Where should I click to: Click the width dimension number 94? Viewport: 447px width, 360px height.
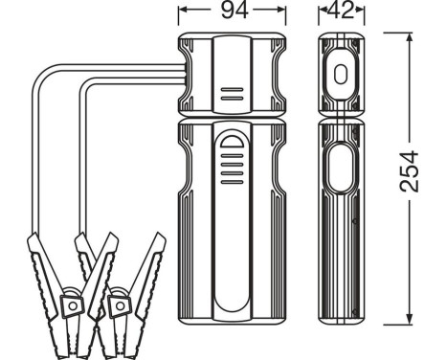pyautogui.click(x=232, y=12)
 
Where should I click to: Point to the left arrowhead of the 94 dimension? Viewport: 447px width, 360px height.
pyautogui.click(x=183, y=12)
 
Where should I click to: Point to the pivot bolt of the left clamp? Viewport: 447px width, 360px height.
pyautogui.click(x=71, y=304)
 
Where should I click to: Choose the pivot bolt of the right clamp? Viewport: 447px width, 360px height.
pyautogui.click(x=120, y=304)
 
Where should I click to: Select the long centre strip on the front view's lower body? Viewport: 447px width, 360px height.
pyautogui.click(x=231, y=239)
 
